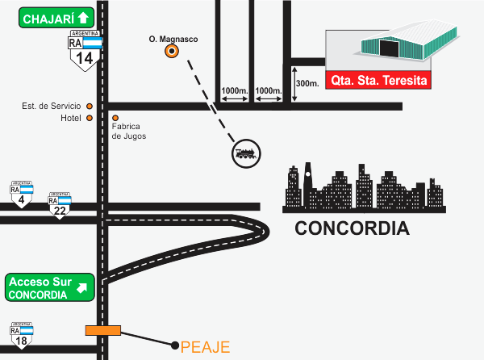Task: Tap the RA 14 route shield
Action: pos(85,52)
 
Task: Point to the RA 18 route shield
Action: pos(22,336)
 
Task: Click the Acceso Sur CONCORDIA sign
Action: pos(49,287)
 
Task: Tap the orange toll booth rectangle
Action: pos(103,329)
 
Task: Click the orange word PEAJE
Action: pos(206,348)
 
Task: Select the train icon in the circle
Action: pos(246,153)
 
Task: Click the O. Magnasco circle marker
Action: pos(172,52)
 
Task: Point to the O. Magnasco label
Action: pos(173,38)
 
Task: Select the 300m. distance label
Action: pos(307,83)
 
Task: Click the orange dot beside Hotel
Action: pos(90,118)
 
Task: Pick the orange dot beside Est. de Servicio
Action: pos(90,106)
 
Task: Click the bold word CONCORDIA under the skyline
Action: pos(352,228)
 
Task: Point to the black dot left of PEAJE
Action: pos(175,345)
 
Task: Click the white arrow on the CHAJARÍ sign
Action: pos(82,19)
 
